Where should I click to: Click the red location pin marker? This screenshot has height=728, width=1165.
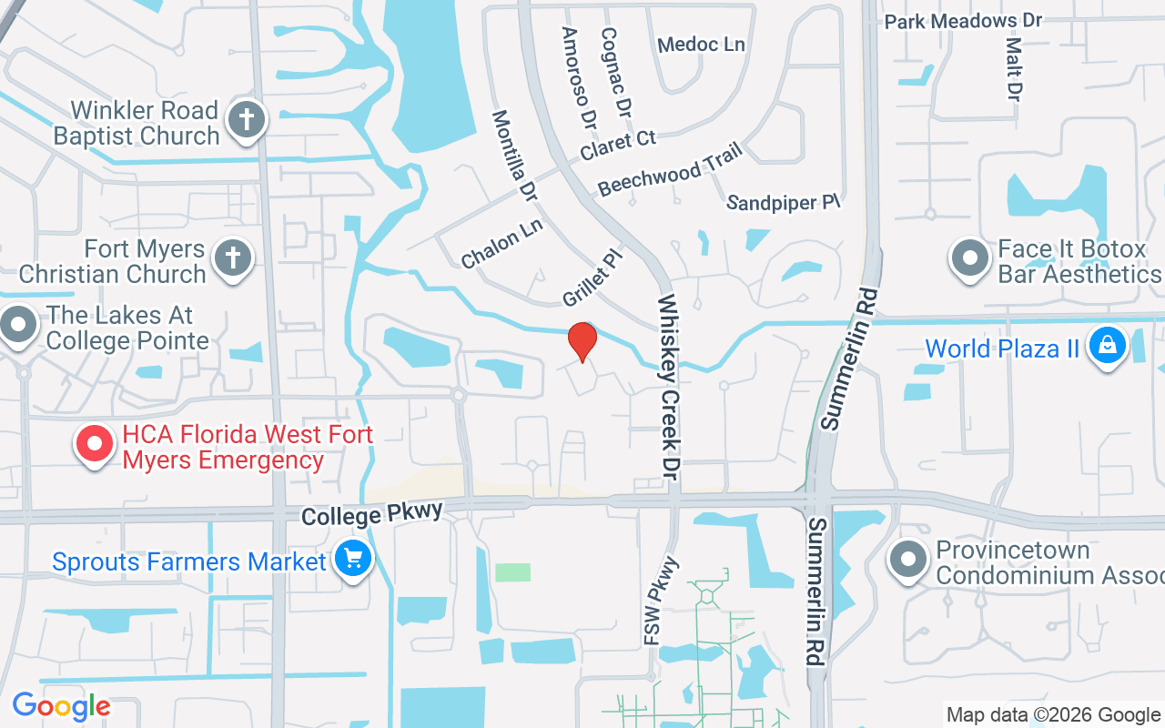pyautogui.click(x=582, y=342)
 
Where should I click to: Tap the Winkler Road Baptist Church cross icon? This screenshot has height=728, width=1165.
pyautogui.click(x=245, y=120)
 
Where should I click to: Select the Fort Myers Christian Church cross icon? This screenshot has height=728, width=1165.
pyautogui.click(x=232, y=258)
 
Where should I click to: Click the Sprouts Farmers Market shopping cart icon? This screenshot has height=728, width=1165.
pyautogui.click(x=352, y=559)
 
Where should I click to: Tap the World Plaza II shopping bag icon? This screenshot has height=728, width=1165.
pyautogui.click(x=1107, y=347)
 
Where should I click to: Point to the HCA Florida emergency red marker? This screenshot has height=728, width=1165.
pyautogui.click(x=95, y=445)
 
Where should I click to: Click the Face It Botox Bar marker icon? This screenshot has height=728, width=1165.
pyautogui.click(x=970, y=258)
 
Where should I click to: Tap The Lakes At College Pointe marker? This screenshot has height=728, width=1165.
pyautogui.click(x=18, y=325)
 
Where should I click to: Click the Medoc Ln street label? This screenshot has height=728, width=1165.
pyautogui.click(x=701, y=45)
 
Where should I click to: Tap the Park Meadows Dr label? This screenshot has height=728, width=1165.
pyautogui.click(x=963, y=20)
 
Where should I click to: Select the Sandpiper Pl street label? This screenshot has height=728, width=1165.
pyautogui.click(x=783, y=201)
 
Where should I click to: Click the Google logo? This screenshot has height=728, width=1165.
pyautogui.click(x=61, y=706)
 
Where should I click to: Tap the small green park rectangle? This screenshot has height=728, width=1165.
pyautogui.click(x=512, y=572)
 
